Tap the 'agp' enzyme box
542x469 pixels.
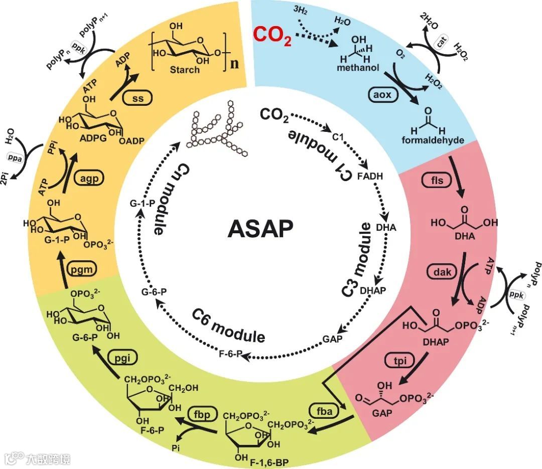click(x=87, y=177)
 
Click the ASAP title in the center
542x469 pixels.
click(x=260, y=229)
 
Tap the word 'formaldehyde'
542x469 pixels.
click(x=433, y=139)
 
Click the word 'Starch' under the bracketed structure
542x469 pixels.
click(x=185, y=70)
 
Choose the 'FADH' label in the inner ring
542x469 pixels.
click(x=370, y=176)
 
